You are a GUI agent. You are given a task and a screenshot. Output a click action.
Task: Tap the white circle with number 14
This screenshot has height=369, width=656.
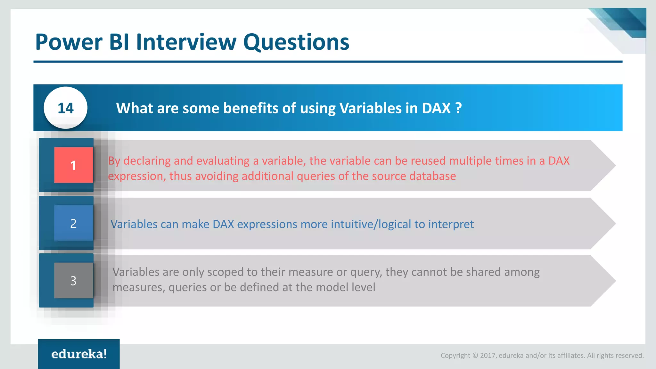(x=66, y=108)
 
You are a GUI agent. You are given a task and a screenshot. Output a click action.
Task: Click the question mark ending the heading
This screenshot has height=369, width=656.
(x=458, y=108)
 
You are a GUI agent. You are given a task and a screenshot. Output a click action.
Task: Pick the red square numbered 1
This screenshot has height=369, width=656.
(x=73, y=165)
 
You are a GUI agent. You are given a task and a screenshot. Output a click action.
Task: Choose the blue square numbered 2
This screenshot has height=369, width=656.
(x=73, y=223)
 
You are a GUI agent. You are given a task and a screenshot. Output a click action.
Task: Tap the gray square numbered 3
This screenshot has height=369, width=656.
(x=73, y=281)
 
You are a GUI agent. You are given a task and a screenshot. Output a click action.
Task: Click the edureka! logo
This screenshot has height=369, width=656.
(x=79, y=354)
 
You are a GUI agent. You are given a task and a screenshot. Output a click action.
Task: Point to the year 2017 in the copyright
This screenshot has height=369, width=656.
(x=488, y=356)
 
